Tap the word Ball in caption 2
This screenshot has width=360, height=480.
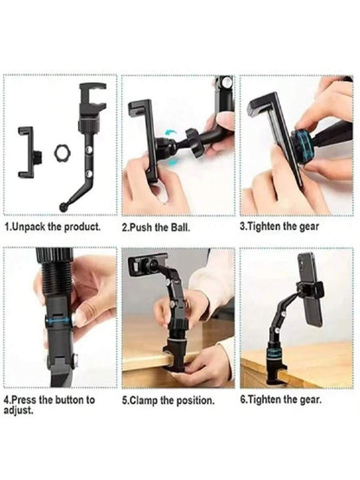(x=179, y=227)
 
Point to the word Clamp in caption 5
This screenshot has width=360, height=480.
(x=143, y=400)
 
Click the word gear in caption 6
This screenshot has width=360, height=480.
(x=311, y=400)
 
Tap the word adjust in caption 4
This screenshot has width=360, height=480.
(x=18, y=410)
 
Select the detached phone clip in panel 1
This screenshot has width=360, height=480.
(x=29, y=152)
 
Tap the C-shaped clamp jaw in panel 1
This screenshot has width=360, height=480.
(x=93, y=95)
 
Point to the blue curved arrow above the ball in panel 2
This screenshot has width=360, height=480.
(x=170, y=132)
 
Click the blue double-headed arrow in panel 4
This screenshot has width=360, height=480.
(x=59, y=320)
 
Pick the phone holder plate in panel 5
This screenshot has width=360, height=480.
(x=147, y=264)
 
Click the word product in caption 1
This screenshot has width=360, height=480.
(x=82, y=227)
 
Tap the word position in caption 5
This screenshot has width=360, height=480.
(x=197, y=400)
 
